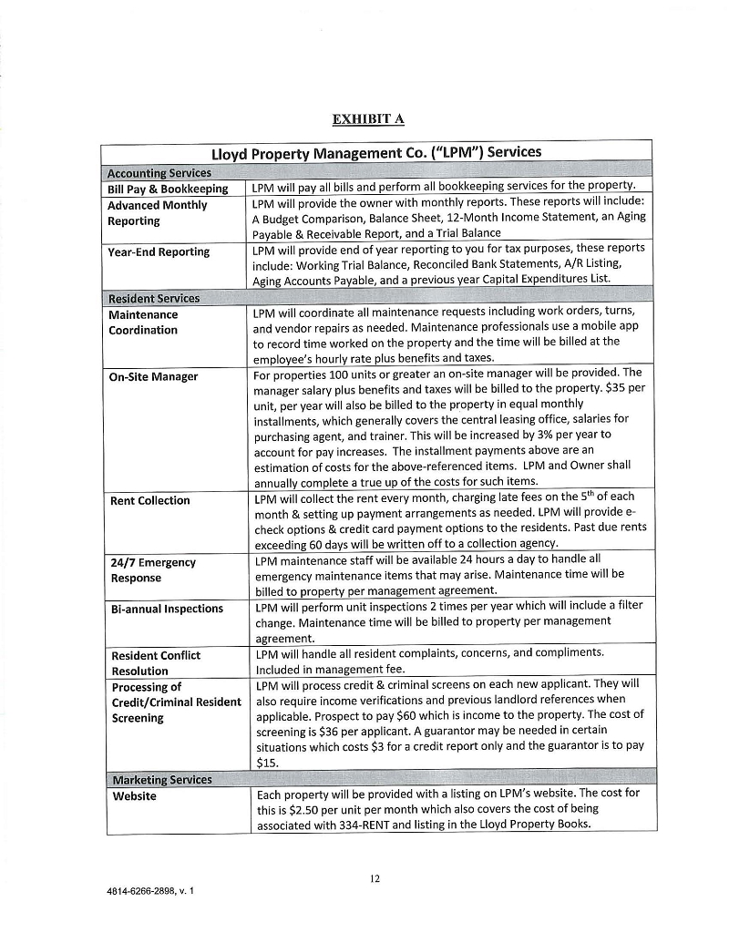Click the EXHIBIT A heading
coord(367,118)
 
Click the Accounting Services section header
coord(159,173)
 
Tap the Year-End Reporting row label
coord(159,251)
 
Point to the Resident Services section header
coord(154,298)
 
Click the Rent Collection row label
coord(149,500)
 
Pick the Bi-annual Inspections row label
coord(166,608)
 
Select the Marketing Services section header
coord(160,779)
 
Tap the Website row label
coord(134,795)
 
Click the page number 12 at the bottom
coord(375,878)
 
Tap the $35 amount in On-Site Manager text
coord(621,388)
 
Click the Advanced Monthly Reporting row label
coord(158,212)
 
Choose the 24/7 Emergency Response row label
coord(150,569)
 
